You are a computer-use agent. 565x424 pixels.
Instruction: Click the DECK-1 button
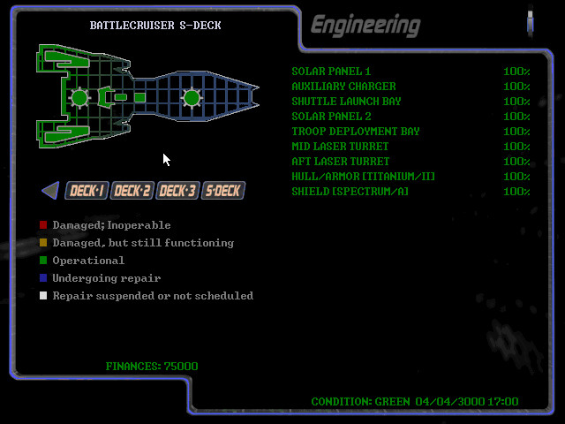(x=87, y=191)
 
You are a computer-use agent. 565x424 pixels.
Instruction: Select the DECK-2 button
(x=132, y=191)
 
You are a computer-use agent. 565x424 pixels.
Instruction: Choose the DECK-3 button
(x=177, y=191)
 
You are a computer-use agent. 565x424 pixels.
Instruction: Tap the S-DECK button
(x=222, y=191)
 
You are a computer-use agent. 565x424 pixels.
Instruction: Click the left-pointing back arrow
(x=50, y=190)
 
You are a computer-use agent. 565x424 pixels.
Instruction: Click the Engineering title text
(x=365, y=25)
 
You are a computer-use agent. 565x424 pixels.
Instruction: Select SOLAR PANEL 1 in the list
(x=331, y=72)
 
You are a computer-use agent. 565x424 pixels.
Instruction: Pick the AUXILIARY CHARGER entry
(x=343, y=87)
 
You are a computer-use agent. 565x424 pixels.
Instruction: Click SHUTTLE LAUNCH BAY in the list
(x=346, y=102)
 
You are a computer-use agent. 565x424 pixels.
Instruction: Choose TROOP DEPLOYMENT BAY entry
(x=356, y=132)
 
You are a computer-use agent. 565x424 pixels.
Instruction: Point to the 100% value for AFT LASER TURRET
(x=516, y=162)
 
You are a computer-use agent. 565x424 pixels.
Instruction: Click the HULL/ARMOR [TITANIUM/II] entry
(x=363, y=177)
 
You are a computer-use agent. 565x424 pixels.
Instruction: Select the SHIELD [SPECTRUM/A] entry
(x=350, y=192)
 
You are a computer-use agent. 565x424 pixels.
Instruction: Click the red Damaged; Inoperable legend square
(x=43, y=225)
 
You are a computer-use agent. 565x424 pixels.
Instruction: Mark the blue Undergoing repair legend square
(x=43, y=278)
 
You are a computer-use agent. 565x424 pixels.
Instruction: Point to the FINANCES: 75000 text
(x=152, y=367)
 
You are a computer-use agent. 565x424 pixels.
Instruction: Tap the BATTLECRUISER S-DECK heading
(x=155, y=26)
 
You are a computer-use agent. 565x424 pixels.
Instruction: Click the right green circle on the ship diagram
(x=192, y=97)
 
